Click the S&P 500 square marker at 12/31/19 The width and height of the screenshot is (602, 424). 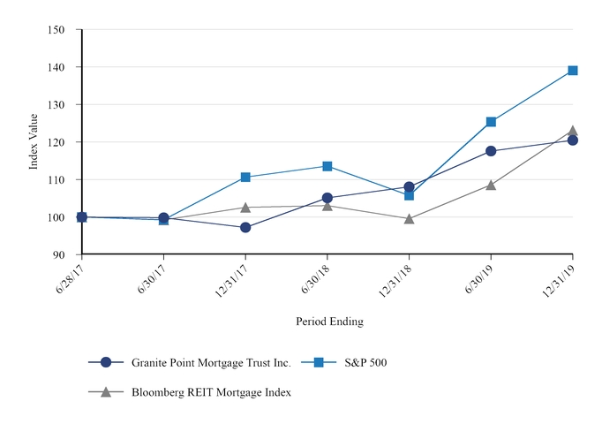click(x=572, y=71)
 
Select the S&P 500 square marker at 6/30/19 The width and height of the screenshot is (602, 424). click(x=491, y=122)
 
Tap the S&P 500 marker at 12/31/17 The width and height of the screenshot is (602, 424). click(x=245, y=178)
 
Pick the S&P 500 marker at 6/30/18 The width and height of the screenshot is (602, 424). click(x=327, y=166)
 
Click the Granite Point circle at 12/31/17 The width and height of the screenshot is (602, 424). click(x=245, y=228)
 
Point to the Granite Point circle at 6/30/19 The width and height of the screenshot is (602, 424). click(x=491, y=151)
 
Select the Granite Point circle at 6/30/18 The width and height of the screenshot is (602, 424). click(x=327, y=198)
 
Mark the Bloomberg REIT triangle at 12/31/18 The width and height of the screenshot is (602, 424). click(x=409, y=218)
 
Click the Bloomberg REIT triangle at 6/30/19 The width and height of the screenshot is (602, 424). click(x=491, y=185)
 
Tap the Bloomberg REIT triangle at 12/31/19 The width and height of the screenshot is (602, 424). click(x=572, y=131)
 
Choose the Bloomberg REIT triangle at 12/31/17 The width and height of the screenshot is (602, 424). click(x=245, y=208)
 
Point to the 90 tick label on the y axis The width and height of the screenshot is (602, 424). click(x=59, y=254)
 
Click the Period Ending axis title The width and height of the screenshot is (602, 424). click(x=329, y=322)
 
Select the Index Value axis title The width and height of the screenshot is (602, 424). click(x=34, y=142)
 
